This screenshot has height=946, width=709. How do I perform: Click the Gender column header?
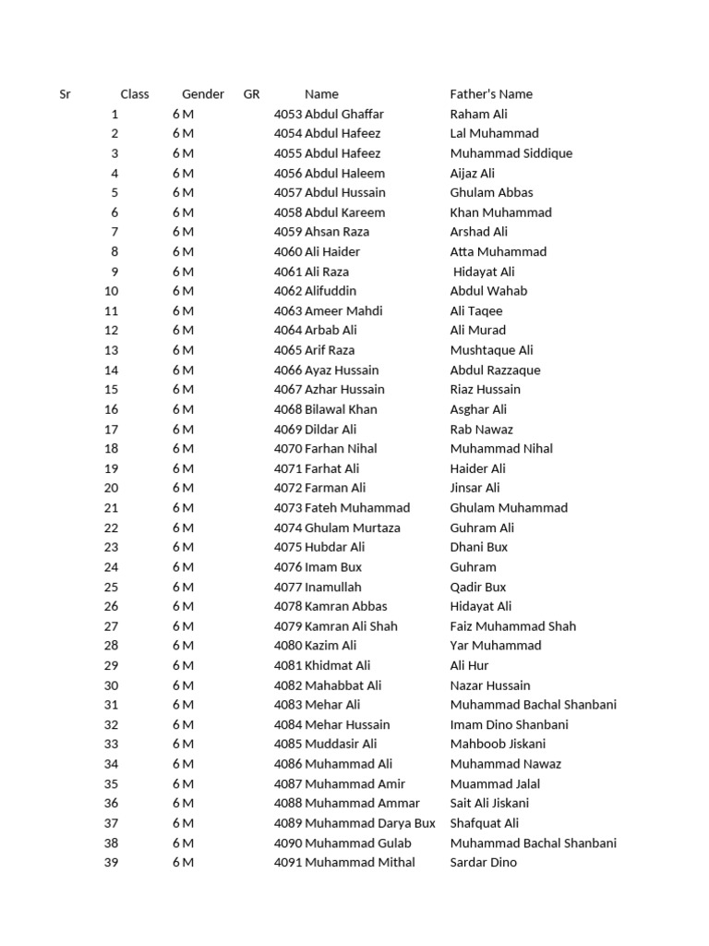[x=203, y=94]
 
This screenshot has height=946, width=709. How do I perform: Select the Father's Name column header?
[x=491, y=94]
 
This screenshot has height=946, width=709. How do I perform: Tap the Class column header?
[x=135, y=94]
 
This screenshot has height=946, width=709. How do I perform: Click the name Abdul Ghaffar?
[x=344, y=115]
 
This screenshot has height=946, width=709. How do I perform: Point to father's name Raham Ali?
[x=479, y=115]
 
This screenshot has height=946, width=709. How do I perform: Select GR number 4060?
[x=288, y=251]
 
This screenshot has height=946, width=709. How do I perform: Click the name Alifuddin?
[x=330, y=291]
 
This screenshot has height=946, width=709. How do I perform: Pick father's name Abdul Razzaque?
[x=496, y=370]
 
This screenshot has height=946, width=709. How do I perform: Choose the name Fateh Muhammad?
[x=357, y=507]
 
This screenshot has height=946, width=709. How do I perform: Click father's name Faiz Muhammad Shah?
[x=513, y=625]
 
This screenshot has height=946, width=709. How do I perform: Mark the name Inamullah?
[x=333, y=587]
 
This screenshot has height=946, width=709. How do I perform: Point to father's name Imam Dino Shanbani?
[x=510, y=724]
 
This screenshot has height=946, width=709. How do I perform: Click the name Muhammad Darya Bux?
[x=370, y=823]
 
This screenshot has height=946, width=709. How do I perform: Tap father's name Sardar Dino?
[x=484, y=862]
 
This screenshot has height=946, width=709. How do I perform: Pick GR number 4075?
[x=288, y=547]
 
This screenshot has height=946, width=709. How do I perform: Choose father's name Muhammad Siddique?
[x=511, y=153]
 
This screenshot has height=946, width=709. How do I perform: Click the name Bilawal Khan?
[x=341, y=409]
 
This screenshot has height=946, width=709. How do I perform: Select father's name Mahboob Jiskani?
[x=499, y=744]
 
